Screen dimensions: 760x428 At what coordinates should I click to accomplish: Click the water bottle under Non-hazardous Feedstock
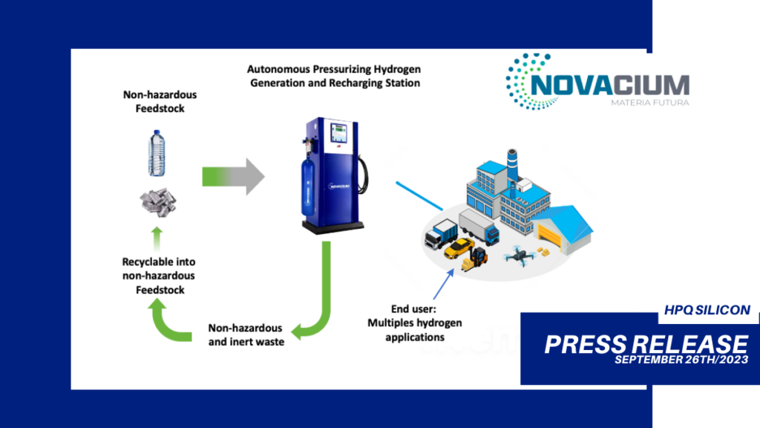156,153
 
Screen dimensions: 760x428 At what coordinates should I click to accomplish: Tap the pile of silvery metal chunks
159,202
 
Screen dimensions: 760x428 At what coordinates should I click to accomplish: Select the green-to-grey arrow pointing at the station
233,177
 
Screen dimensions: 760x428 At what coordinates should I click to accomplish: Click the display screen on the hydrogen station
338,132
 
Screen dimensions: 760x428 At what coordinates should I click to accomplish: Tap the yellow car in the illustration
459,248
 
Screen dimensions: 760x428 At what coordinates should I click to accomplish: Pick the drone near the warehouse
519,254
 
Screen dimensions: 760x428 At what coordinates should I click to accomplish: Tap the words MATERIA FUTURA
650,103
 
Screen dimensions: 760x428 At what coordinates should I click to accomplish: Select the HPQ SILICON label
707,310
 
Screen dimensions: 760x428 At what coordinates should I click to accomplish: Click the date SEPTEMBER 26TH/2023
681,360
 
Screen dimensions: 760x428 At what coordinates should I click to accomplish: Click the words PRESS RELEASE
646,345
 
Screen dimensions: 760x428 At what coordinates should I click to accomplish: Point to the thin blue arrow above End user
444,285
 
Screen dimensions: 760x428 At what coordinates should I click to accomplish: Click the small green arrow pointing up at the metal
157,239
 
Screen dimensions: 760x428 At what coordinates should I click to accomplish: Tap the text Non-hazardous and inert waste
246,335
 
